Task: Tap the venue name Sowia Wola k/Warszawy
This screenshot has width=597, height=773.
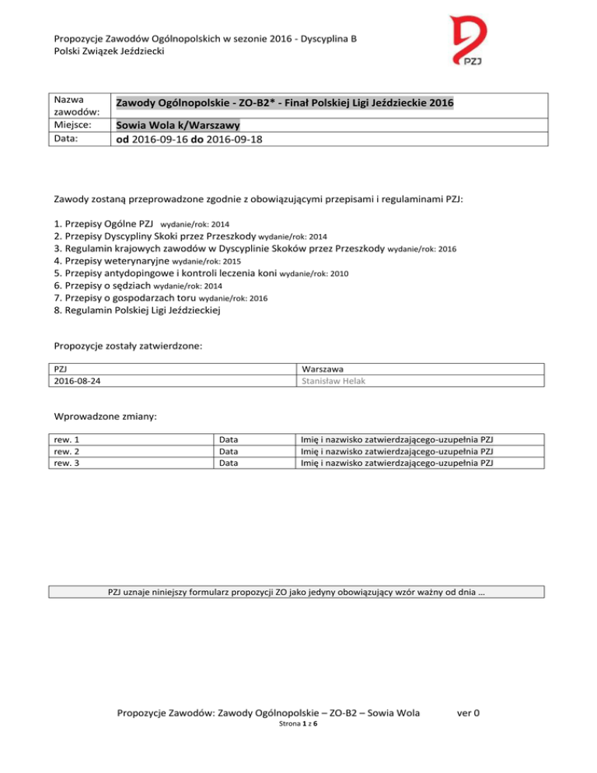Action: pyautogui.click(x=177, y=126)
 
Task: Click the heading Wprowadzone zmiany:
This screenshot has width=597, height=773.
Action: pyautogui.click(x=105, y=417)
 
